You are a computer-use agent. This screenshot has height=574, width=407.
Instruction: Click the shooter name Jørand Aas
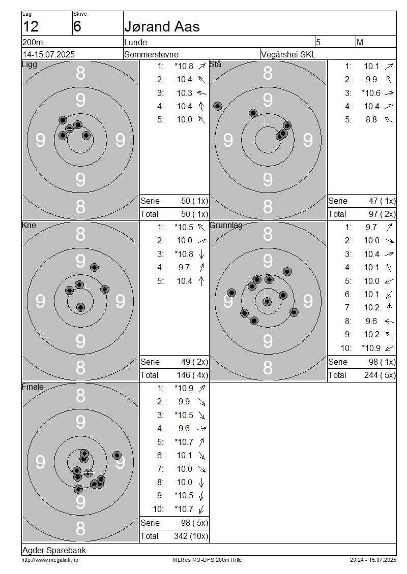click(x=162, y=27)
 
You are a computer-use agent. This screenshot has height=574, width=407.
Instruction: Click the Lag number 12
click(x=31, y=27)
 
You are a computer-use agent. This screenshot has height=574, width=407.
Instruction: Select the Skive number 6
click(x=77, y=27)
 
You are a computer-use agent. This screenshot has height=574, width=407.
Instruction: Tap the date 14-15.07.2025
click(x=49, y=54)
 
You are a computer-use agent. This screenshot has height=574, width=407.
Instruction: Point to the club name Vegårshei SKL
click(x=288, y=54)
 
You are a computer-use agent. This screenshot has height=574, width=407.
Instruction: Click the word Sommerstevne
click(x=152, y=54)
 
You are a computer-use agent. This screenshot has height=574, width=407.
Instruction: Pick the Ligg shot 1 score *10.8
click(x=184, y=66)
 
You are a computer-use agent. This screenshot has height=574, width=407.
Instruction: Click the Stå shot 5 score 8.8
click(x=371, y=120)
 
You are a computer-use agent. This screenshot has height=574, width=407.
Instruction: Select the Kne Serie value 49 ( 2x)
click(x=194, y=362)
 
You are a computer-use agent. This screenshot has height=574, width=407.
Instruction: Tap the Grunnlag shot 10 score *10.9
click(x=371, y=348)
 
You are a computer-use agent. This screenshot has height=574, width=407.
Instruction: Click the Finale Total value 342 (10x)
click(x=191, y=536)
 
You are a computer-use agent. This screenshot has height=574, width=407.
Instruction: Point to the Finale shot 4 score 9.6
click(x=184, y=429)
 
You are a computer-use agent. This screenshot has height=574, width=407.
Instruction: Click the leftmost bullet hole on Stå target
click(x=218, y=106)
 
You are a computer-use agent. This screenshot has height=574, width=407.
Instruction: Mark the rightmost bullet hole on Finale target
click(x=117, y=456)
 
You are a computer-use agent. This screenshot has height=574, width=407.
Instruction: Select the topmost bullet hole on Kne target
click(x=94, y=267)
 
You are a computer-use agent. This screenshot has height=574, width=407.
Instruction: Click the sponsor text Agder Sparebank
click(x=54, y=550)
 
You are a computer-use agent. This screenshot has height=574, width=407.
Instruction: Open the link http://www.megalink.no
click(x=50, y=560)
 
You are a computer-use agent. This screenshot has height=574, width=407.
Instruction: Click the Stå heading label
click(x=215, y=65)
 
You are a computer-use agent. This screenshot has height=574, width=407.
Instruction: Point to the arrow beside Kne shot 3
click(x=201, y=254)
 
